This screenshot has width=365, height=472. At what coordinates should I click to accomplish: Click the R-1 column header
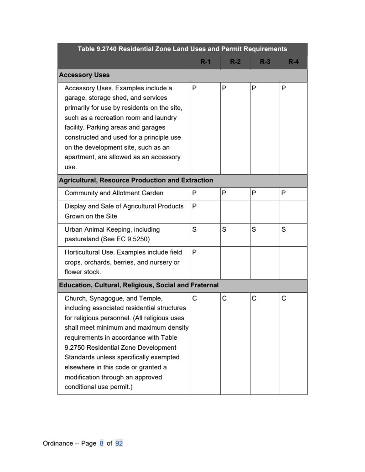click(205, 62)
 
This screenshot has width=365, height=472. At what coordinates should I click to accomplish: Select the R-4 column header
click(293, 62)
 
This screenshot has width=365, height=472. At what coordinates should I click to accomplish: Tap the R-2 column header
click(235, 62)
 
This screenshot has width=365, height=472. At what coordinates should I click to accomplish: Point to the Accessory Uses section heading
click(84, 75)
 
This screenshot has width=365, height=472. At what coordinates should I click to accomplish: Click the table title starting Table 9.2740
click(182, 49)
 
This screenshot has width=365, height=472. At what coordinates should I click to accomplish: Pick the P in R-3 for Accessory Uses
click(254, 88)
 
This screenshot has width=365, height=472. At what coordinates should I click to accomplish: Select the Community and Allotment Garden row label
click(114, 193)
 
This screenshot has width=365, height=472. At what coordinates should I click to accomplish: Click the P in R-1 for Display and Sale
click(194, 206)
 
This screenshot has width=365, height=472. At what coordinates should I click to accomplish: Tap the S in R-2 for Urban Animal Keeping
click(224, 229)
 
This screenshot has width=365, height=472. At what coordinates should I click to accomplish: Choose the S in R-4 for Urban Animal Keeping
click(283, 229)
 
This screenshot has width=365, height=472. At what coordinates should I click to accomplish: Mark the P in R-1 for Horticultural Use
click(194, 252)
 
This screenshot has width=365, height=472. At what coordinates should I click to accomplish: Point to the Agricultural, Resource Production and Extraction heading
click(136, 180)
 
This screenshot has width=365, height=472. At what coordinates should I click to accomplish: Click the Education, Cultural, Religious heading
click(139, 285)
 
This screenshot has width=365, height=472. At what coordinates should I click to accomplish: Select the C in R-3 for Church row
click(254, 299)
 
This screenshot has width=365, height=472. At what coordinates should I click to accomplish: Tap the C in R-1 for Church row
click(194, 299)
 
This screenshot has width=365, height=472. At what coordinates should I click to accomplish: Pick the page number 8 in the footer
click(102, 443)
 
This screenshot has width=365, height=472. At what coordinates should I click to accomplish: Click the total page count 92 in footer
click(119, 443)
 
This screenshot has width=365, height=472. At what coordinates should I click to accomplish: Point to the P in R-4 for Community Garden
click(283, 193)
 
